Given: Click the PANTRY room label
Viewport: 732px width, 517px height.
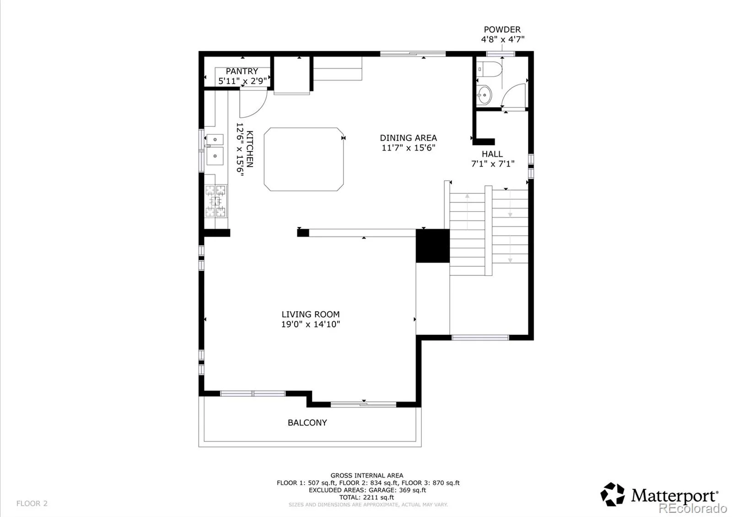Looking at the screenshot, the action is pyautogui.click(x=242, y=71).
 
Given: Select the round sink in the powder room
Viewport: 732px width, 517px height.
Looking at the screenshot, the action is pyautogui.click(x=484, y=95).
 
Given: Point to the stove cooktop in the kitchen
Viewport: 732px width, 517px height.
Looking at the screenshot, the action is pyautogui.click(x=215, y=201).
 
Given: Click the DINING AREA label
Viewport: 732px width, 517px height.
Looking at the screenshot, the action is pyautogui.click(x=408, y=138).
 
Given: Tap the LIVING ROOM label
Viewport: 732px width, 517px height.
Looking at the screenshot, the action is pyautogui.click(x=311, y=314).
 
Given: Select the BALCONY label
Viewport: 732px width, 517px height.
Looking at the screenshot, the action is pyautogui.click(x=307, y=423).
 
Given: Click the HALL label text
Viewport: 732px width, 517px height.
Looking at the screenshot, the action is pyautogui.click(x=492, y=154).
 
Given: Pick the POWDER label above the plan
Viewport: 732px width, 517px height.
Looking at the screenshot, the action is pyautogui.click(x=502, y=30).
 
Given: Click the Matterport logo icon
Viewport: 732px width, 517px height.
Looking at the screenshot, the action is pyautogui.click(x=613, y=495).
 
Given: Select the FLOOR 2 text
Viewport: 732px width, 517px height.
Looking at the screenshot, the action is pyautogui.click(x=32, y=504).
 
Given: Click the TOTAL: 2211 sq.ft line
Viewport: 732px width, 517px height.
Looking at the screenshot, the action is pyautogui.click(x=366, y=497).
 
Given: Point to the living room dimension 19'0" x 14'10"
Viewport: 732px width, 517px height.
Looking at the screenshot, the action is pyautogui.click(x=311, y=324).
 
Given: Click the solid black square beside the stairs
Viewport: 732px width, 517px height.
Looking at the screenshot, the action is pyautogui.click(x=433, y=246).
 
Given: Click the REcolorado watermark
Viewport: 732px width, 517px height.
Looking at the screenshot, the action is pyautogui.click(x=693, y=508).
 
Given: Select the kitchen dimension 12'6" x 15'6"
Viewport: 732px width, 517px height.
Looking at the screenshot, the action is pyautogui.click(x=240, y=149).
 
